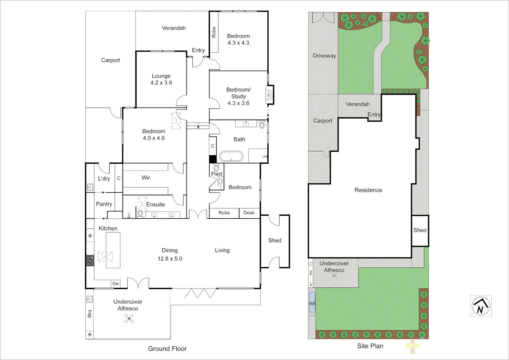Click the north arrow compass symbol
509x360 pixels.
tap(481, 306)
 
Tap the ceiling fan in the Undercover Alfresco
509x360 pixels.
tap(129, 319)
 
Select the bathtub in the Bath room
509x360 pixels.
tap(231, 156)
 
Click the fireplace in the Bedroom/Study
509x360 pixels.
tap(269, 95)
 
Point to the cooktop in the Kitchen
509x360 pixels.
tap(90, 260)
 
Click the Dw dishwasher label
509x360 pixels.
tap(115, 284)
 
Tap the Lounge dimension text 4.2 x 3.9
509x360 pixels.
tap(161, 83)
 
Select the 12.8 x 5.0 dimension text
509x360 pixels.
tap(170, 259)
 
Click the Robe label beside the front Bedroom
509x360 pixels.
tap(214, 32)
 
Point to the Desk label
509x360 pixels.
tap(249, 213)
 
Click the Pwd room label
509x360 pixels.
tap(217, 174)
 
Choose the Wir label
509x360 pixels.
tap(146, 178)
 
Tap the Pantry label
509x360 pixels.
tap(104, 204)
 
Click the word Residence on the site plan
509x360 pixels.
tap(368, 190)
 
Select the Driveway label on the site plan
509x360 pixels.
tap(324, 56)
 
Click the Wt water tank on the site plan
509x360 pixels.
tap(312, 303)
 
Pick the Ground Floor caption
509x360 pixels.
tap(167, 349)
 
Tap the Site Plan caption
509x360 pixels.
tap(370, 346)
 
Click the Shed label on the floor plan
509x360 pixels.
tap(275, 240)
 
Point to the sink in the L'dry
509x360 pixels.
tap(90, 187)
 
